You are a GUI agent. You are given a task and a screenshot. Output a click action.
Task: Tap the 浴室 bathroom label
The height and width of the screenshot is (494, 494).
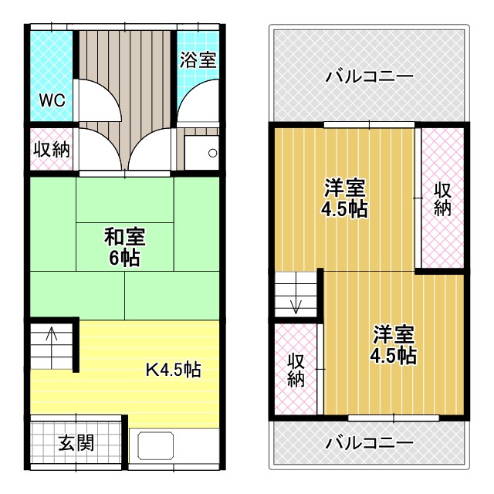198,60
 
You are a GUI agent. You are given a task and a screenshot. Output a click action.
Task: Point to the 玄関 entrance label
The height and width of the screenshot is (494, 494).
76,443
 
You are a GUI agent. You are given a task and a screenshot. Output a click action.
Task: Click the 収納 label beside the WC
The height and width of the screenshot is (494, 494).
52,149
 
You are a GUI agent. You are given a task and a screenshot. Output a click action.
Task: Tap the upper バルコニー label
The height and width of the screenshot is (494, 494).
369,77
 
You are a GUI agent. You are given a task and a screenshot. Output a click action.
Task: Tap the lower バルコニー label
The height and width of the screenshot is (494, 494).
369,443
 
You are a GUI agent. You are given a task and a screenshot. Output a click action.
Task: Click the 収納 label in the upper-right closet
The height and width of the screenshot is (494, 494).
442,198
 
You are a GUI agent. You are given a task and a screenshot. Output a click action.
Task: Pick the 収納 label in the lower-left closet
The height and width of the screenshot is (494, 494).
296,370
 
